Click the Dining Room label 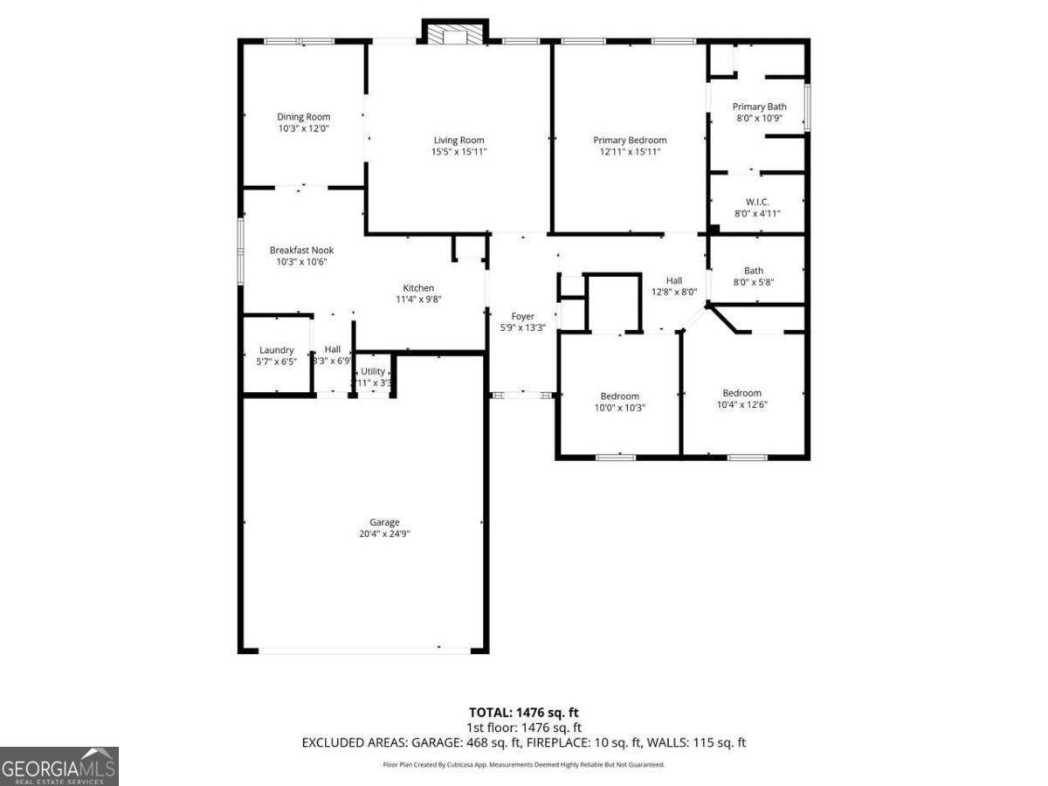(303, 117)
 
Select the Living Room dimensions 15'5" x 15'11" (458, 152)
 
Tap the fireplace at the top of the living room (452, 33)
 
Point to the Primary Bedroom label (630, 140)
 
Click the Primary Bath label (759, 107)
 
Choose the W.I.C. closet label (757, 202)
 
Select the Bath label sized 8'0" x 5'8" (753, 271)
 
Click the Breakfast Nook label (301, 250)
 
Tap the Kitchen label (418, 288)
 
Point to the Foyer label (522, 316)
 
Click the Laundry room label (276, 350)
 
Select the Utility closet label (373, 371)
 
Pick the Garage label (384, 522)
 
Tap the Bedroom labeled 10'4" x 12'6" (741, 393)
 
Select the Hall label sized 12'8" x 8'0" (674, 280)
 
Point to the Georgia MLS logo (59, 766)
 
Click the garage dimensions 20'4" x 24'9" (384, 534)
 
